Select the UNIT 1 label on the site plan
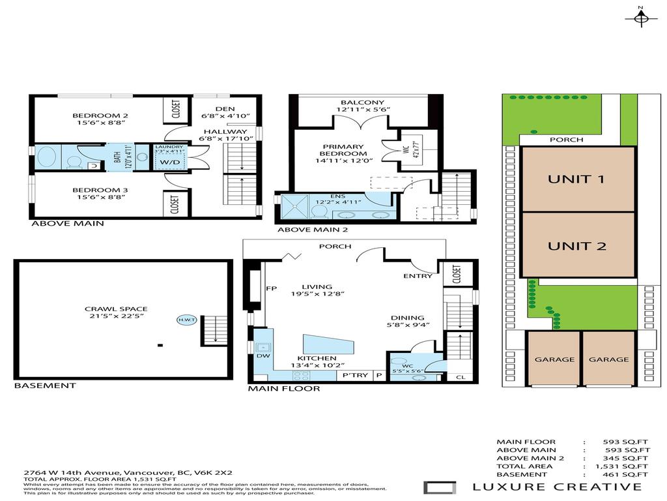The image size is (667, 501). (x=578, y=179)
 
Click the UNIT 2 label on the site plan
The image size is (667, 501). (x=578, y=246)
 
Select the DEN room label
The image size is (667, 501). (x=224, y=109)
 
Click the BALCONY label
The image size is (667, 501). (x=362, y=102)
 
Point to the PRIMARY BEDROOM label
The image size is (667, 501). (x=352, y=149)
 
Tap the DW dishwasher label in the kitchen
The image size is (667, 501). (x=263, y=357)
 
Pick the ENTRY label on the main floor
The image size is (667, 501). (x=418, y=276)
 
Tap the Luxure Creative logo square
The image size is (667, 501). (x=435, y=487)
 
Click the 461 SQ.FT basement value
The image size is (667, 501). (x=626, y=474)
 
